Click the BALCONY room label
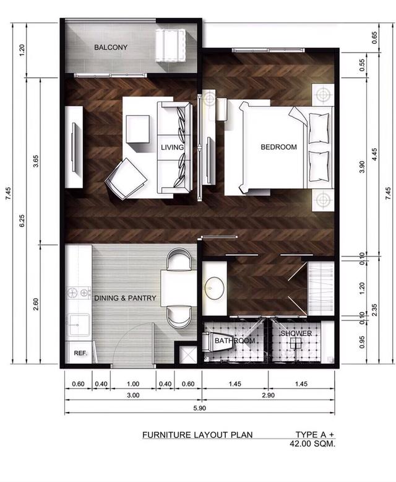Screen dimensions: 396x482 pyautogui.click(x=111, y=47)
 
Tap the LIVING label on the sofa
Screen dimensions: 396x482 pyautogui.click(x=172, y=147)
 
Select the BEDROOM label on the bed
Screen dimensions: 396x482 pyautogui.click(x=278, y=147)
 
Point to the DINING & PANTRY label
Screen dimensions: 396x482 pyautogui.click(x=125, y=298)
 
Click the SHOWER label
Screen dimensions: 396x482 pyautogui.click(x=296, y=333)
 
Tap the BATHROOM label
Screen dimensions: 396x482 pyautogui.click(x=235, y=341)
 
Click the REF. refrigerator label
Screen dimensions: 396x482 pyautogui.click(x=80, y=353)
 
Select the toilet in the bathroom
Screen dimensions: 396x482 pyautogui.click(x=217, y=342)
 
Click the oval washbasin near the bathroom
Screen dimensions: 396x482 pyautogui.click(x=214, y=288)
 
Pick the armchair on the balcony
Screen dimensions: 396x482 pyautogui.click(x=171, y=45)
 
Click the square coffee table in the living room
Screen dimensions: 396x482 pyautogui.click(x=138, y=129)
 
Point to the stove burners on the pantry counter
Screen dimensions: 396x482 pyautogui.click(x=79, y=293)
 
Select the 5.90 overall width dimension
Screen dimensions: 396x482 pyautogui.click(x=199, y=408)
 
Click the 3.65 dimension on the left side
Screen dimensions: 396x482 pyautogui.click(x=36, y=160)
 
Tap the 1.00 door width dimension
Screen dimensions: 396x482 pyautogui.click(x=133, y=384)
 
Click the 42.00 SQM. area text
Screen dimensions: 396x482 pyautogui.click(x=312, y=444)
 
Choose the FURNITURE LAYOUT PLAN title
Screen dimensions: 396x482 pyautogui.click(x=197, y=435)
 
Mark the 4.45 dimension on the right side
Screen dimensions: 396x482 pyautogui.click(x=374, y=155)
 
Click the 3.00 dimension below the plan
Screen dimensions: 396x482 pyautogui.click(x=133, y=395)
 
